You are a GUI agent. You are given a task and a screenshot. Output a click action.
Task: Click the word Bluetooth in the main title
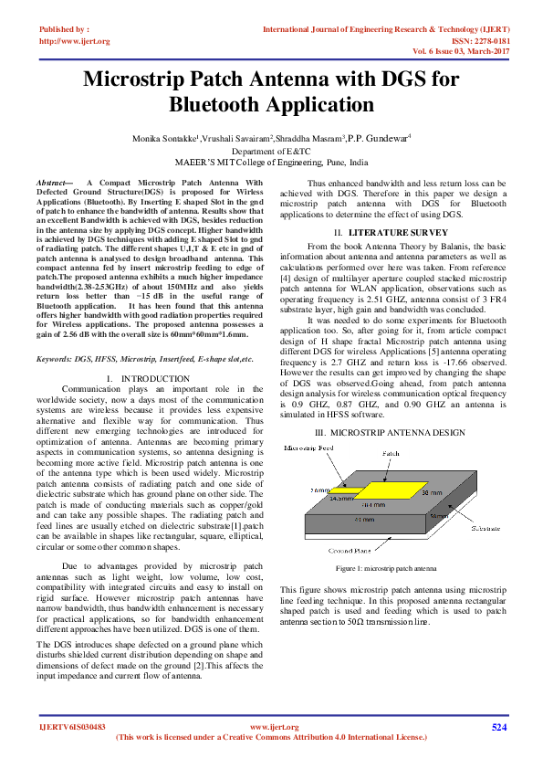tap(221, 104)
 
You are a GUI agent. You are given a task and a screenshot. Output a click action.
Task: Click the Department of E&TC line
tap(271, 151)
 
